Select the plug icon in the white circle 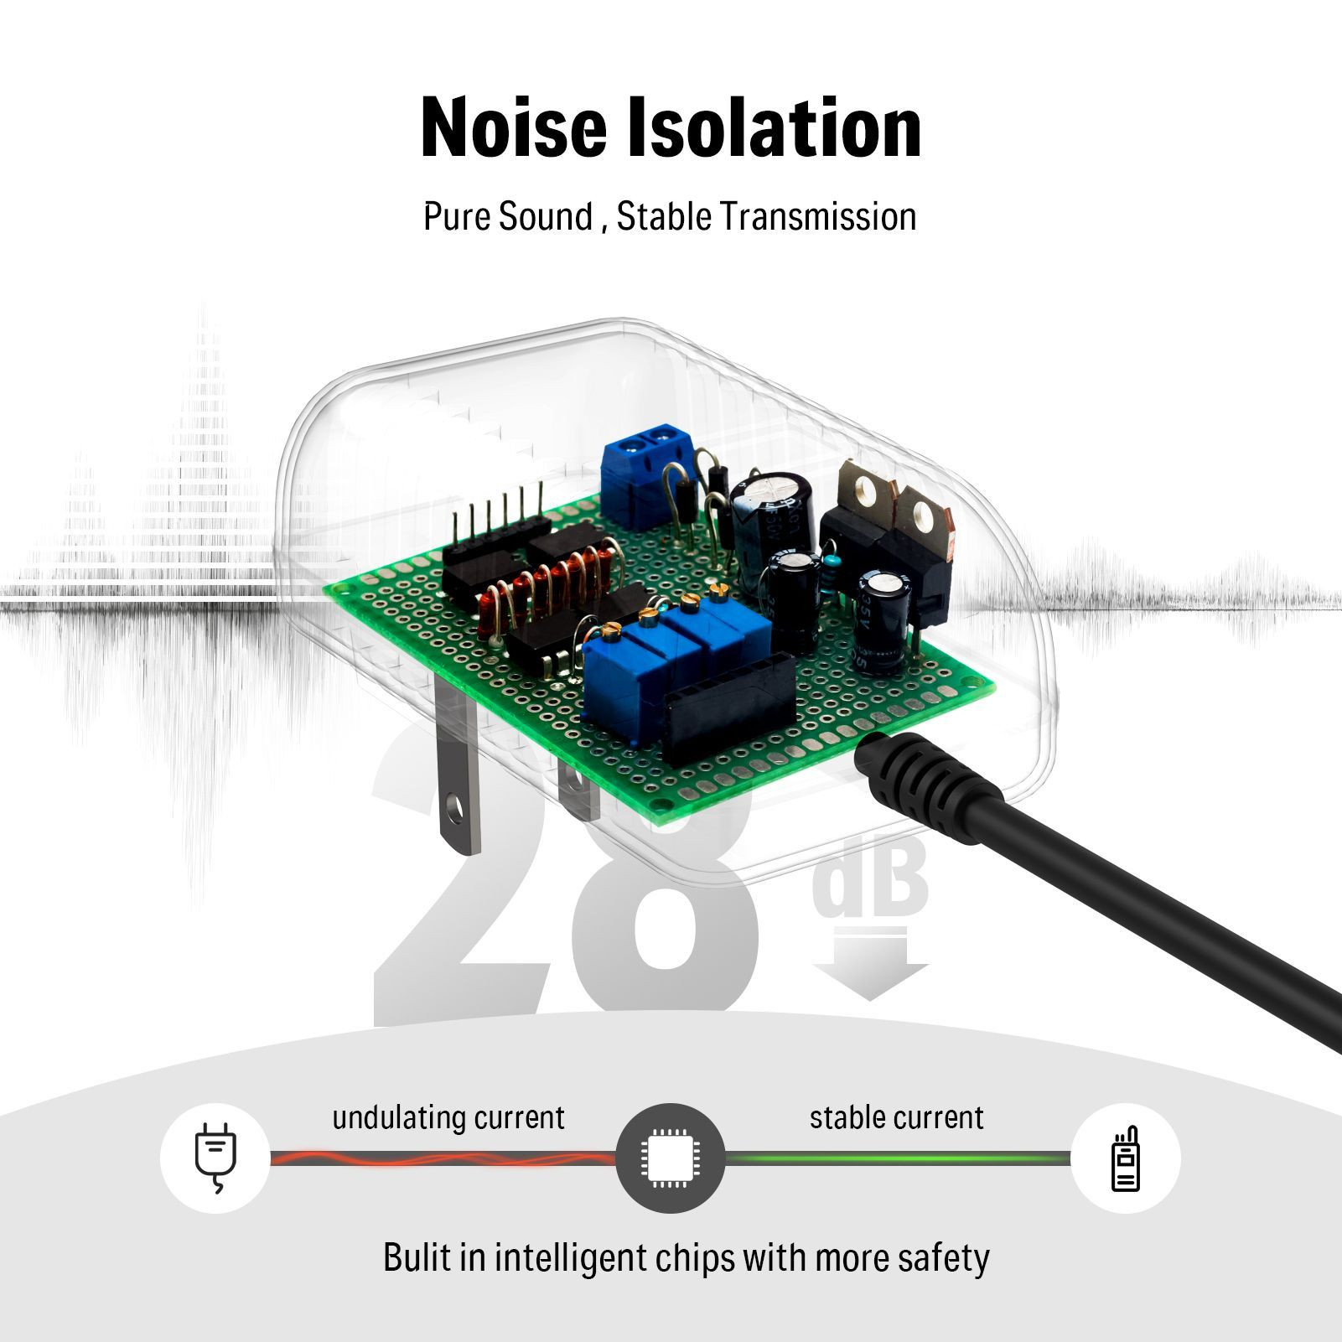pos(215,1158)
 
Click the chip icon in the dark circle pos(670,1158)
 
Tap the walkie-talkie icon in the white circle pos(1125,1158)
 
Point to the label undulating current pos(448,1117)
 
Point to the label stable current pos(896,1117)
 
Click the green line pos(897,1158)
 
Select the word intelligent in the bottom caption pos(570,1258)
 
